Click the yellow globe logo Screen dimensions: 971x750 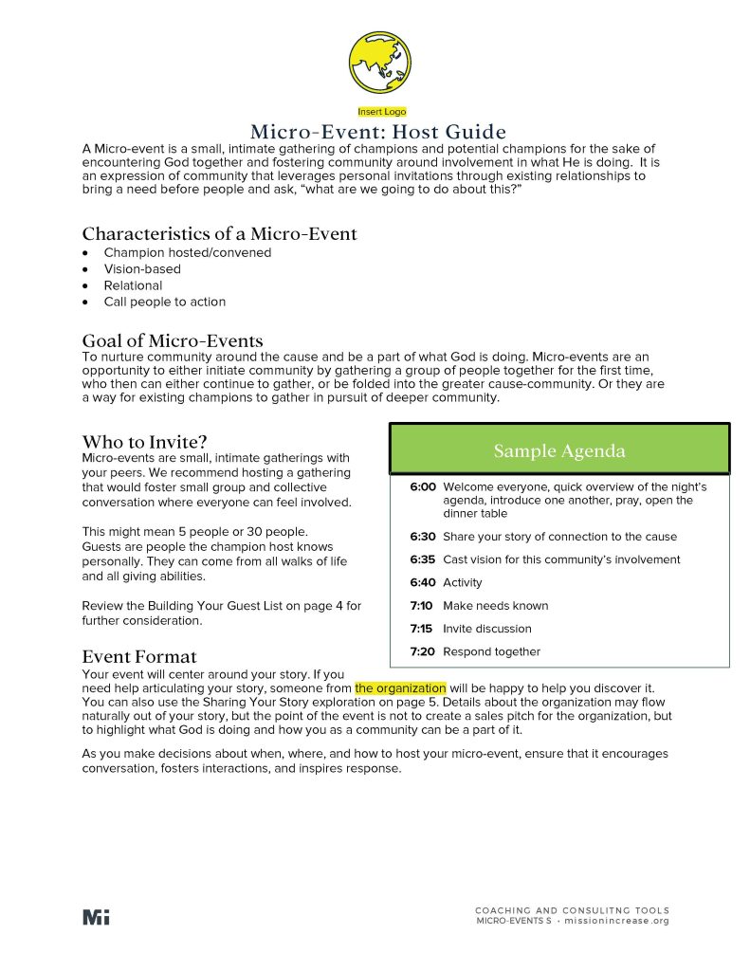381,63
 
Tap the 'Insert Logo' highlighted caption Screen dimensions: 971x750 381,112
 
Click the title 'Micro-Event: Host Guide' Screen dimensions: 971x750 378,132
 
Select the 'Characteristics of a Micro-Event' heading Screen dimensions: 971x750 219,233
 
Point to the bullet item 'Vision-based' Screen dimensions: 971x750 142,269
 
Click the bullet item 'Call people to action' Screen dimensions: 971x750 165,302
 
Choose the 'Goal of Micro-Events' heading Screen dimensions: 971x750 173,340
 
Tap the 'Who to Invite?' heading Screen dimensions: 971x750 144,442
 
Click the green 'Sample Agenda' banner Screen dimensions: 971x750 559,450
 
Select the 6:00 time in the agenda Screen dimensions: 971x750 423,486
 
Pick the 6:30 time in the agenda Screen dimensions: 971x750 423,537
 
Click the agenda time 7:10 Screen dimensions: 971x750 422,606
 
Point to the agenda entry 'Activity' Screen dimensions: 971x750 463,583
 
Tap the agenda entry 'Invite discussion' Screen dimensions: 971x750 487,629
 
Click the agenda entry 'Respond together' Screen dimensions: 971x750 491,651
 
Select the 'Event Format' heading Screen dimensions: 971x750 139,656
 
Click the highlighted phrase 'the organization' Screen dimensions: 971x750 400,687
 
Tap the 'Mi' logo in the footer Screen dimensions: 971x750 96,917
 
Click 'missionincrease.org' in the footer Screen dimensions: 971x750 616,921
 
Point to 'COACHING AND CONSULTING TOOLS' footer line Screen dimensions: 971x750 572,910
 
